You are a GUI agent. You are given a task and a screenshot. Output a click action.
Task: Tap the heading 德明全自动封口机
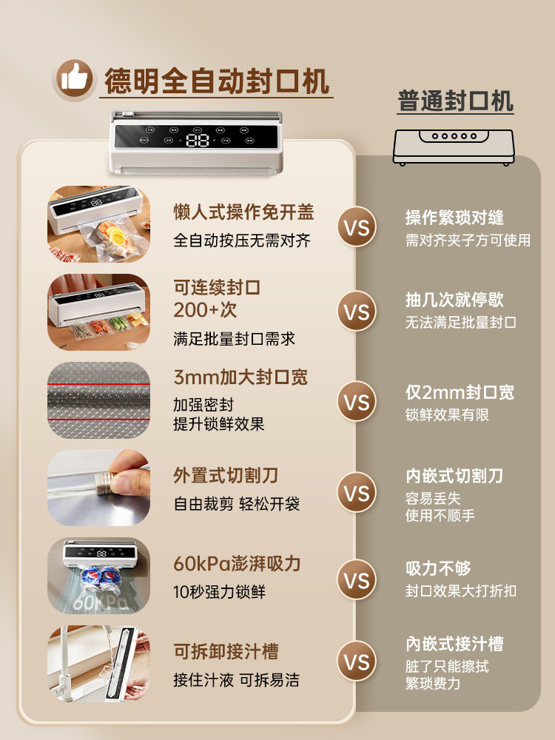pos(218,81)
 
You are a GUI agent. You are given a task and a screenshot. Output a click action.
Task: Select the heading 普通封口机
pos(455,101)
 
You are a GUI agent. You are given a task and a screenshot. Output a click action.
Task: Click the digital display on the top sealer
pos(198,140)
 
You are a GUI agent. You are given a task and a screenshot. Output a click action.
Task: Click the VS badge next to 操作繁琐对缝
pos(357,227)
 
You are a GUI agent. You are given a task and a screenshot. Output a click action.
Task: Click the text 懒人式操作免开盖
pos(243,213)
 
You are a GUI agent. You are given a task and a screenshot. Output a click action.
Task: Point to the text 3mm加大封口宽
pos(240,377)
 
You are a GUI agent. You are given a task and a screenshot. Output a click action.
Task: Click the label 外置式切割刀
pos(226,475)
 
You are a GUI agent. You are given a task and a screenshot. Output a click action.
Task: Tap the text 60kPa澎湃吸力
pos(237,564)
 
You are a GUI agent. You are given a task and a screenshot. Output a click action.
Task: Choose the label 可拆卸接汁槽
pos(226,652)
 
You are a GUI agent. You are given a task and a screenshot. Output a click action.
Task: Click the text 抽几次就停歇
pos(454,300)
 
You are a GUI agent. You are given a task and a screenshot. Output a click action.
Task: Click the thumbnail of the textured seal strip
pos(98,401)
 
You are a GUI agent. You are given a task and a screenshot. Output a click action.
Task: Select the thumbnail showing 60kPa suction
pos(98,576)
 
